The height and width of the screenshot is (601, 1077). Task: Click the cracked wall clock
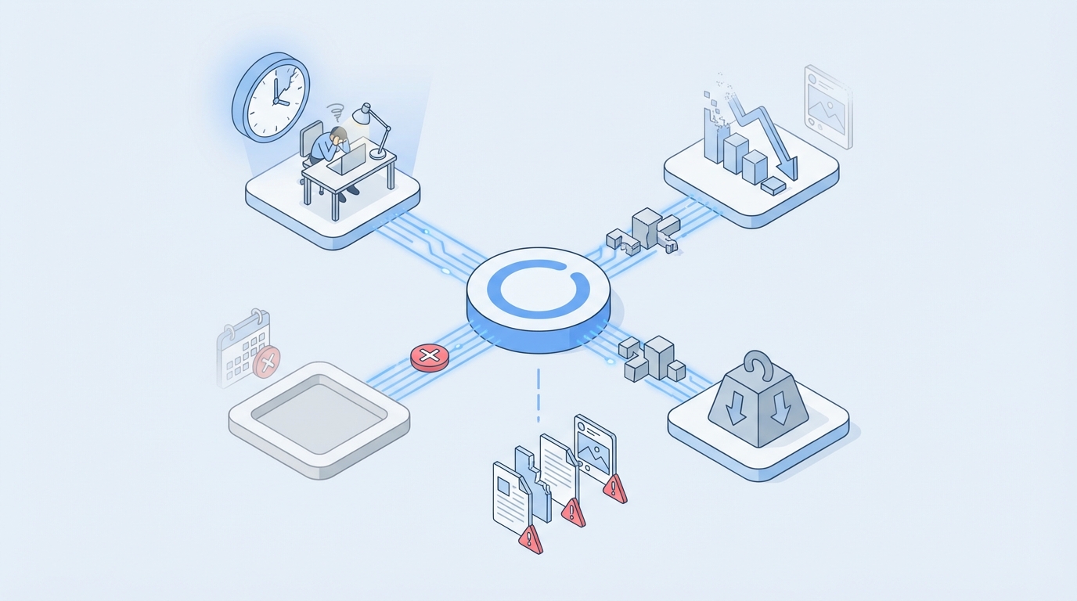click(x=271, y=97)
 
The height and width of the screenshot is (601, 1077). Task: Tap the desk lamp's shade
click(x=362, y=115)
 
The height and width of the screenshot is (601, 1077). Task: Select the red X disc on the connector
click(x=430, y=357)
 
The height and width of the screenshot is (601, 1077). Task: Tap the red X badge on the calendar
click(x=266, y=362)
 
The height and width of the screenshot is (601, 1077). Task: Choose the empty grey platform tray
click(x=319, y=419)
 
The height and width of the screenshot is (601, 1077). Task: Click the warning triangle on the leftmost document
click(x=531, y=539)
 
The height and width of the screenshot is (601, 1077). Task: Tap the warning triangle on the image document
click(x=614, y=488)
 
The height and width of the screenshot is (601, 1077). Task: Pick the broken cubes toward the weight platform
click(x=651, y=359)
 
